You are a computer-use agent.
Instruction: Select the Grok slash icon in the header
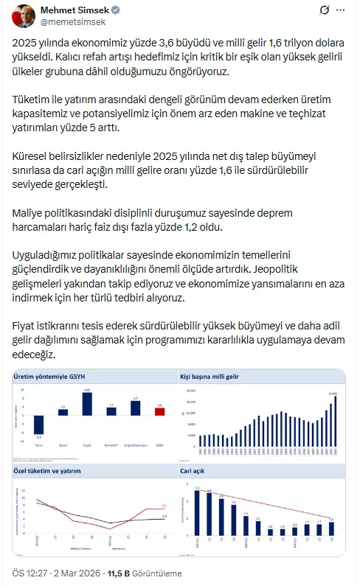(325, 11)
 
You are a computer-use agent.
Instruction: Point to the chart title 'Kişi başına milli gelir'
(210, 377)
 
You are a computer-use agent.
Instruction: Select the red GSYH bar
(159, 411)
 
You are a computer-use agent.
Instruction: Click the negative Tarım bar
(38, 425)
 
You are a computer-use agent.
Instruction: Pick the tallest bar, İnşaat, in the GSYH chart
(87, 404)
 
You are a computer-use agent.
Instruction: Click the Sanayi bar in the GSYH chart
(63, 411)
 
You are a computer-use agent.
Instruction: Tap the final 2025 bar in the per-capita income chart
(334, 419)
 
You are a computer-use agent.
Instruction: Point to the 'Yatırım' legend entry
(120, 549)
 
